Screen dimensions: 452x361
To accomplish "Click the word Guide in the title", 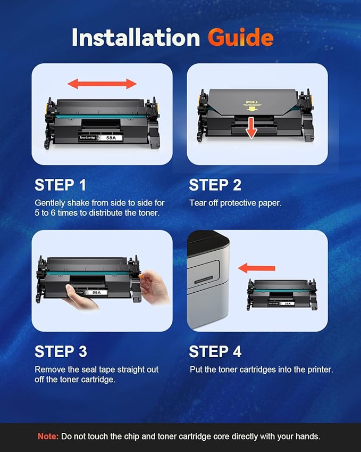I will [x=240, y=38].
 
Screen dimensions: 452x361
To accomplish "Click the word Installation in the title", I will [x=136, y=37].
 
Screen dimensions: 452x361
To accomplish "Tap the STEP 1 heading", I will [x=60, y=185].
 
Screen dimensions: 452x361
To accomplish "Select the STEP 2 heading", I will [x=215, y=185].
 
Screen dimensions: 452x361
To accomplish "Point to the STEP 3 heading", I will [x=61, y=351].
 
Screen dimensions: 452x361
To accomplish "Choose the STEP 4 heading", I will [x=215, y=351].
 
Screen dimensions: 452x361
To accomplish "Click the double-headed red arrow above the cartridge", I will [x=102, y=84].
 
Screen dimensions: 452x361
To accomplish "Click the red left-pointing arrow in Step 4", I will [x=256, y=268].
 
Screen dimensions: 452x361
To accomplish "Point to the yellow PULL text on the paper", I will [x=251, y=102].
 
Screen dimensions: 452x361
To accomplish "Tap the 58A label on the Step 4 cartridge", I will [x=287, y=303].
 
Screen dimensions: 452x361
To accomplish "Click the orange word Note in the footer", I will [x=48, y=436].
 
